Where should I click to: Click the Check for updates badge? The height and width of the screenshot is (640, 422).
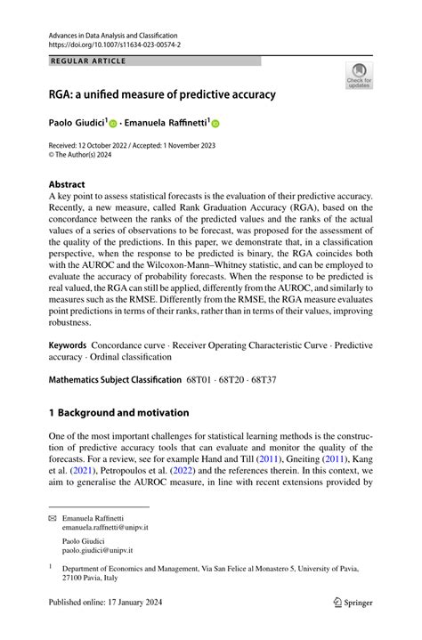click(x=359, y=76)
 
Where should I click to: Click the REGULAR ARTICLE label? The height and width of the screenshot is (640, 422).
click(x=89, y=61)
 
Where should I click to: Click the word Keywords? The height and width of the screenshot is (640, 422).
click(x=68, y=344)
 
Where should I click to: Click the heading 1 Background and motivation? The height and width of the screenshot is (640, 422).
click(x=118, y=412)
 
